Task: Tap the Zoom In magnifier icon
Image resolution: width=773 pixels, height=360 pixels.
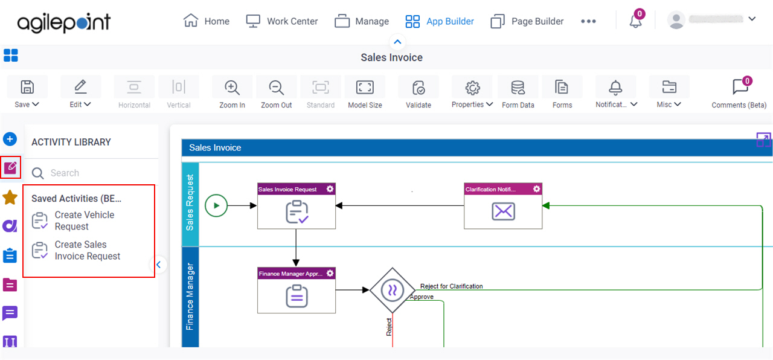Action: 232,88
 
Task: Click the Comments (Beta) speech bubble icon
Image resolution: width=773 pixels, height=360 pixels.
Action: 740,86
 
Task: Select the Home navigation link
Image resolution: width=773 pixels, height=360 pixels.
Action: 207,21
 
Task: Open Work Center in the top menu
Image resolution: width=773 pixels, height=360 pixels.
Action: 281,21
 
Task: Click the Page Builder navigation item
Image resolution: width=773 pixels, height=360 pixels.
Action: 527,21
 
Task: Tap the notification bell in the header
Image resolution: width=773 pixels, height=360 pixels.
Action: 635,21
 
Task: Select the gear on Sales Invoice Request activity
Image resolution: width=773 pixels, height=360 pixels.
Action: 330,189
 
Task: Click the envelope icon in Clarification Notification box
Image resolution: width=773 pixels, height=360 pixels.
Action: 503,211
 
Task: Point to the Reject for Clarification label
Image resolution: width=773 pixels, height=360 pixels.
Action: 451,286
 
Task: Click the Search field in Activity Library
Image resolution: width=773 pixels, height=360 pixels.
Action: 93,173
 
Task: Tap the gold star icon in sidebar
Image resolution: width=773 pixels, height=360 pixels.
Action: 10,198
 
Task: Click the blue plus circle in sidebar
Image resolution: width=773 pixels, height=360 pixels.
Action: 10,139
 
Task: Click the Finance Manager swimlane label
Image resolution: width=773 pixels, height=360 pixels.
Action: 190,297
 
